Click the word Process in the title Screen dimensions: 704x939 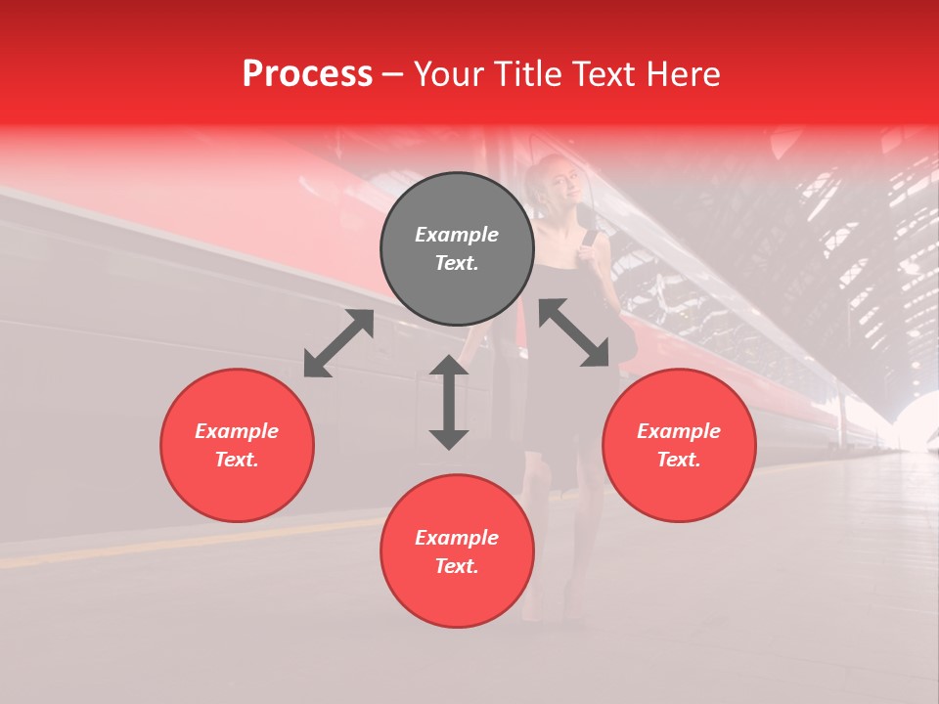307,74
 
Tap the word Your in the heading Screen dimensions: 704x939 446,74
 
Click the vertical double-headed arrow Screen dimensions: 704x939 449,402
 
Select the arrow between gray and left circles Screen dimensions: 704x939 338,343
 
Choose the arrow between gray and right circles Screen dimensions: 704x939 574,332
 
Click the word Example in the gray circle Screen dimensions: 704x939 457,235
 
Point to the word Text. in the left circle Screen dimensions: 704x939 237,460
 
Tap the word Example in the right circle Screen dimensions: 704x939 679,431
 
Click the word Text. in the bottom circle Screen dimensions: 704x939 457,566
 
